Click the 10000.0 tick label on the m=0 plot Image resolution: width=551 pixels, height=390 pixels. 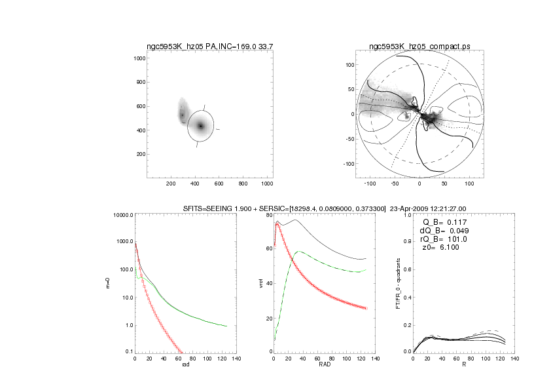coord(122,215)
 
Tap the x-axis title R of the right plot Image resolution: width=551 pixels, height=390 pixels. coord(464,364)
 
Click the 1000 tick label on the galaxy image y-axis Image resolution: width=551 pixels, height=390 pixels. coord(139,59)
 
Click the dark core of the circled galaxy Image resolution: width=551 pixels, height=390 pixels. coord(200,126)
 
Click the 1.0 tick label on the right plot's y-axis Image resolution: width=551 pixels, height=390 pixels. coord(407,215)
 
